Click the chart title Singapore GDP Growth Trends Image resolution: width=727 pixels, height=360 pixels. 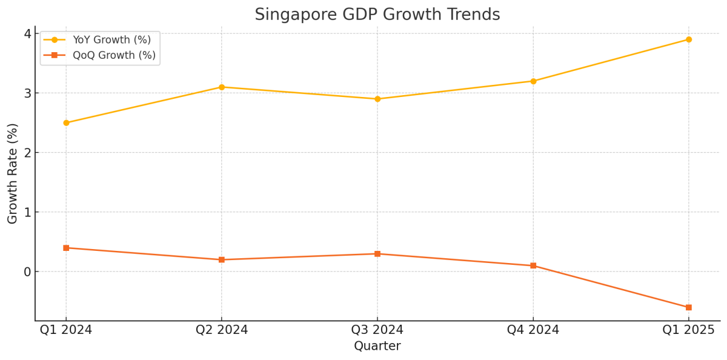377,15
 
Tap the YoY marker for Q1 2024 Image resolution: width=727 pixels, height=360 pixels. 66,122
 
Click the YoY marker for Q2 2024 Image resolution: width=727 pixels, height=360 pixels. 222,87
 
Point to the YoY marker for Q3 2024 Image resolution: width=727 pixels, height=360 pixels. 377,99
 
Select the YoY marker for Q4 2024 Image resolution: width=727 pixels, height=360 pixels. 533,81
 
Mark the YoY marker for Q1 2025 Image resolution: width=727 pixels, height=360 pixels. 689,39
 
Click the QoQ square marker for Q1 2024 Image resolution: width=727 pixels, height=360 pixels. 66,248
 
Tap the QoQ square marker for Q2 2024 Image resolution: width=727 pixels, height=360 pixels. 222,259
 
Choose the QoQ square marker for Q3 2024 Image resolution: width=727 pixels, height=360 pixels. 377,254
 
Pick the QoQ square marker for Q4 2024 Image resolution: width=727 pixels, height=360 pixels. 533,265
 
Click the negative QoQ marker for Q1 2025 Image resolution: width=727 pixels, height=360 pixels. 689,307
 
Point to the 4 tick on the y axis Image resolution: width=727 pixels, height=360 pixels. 27,33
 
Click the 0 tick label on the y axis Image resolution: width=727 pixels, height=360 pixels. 27,272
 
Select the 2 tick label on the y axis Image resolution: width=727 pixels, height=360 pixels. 27,153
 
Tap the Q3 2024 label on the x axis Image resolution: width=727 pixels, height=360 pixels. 377,330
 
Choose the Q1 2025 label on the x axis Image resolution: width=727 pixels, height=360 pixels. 689,330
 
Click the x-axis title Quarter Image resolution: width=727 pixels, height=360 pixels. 377,346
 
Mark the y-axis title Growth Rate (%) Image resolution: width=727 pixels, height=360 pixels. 13,173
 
